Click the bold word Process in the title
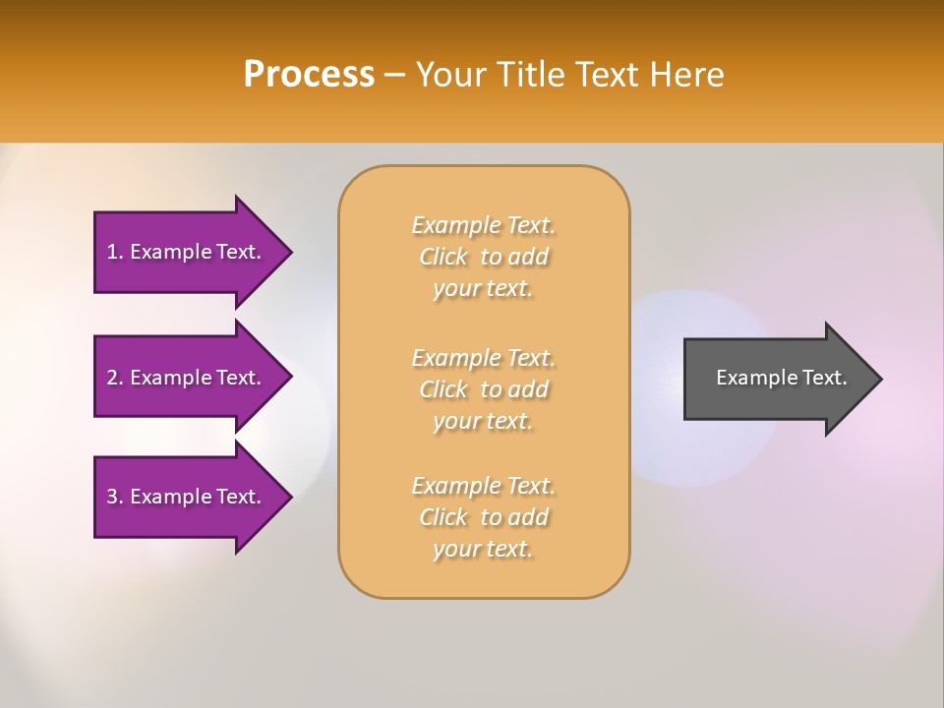309,75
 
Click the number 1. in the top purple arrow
115,252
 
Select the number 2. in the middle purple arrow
115,378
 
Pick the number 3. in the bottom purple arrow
115,497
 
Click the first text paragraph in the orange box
483,257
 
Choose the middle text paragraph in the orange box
483,389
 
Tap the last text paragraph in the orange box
483,517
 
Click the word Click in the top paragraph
443,257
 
